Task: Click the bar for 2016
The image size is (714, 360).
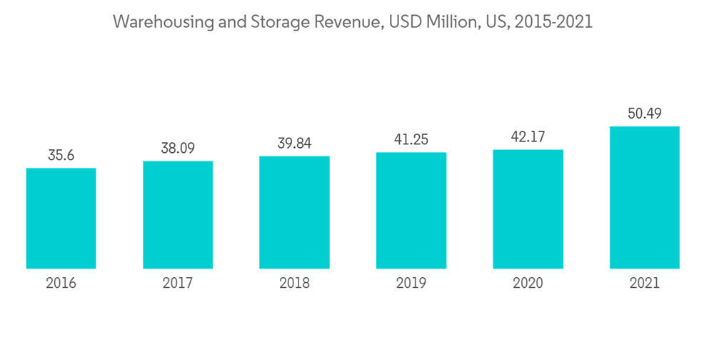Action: pyautogui.click(x=61, y=219)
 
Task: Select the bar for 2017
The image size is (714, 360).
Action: pyautogui.click(x=178, y=215)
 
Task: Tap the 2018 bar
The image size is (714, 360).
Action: pyautogui.click(x=294, y=212)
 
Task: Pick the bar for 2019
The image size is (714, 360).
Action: pyautogui.click(x=411, y=211)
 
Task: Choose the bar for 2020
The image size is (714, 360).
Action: pyautogui.click(x=528, y=209)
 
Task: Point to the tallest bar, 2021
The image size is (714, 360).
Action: pyautogui.click(x=644, y=198)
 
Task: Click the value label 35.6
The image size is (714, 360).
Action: pyautogui.click(x=61, y=155)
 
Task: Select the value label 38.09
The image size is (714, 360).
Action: pyautogui.click(x=178, y=148)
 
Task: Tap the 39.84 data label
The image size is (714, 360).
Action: pyautogui.click(x=294, y=143)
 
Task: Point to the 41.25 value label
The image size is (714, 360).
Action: pyautogui.click(x=411, y=139)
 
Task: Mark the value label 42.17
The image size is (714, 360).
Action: pyautogui.click(x=528, y=136)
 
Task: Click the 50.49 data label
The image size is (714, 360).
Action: pyautogui.click(x=644, y=114)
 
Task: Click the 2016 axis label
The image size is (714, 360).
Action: pyautogui.click(x=61, y=284)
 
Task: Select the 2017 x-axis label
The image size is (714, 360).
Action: pyautogui.click(x=178, y=284)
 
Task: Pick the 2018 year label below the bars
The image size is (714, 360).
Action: pyautogui.click(x=294, y=284)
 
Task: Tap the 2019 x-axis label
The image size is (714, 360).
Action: pyautogui.click(x=411, y=284)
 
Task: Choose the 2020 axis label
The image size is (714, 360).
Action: pyautogui.click(x=528, y=284)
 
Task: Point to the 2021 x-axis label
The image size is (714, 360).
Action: pyautogui.click(x=644, y=284)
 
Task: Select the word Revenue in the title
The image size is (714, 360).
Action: pyautogui.click(x=347, y=22)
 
